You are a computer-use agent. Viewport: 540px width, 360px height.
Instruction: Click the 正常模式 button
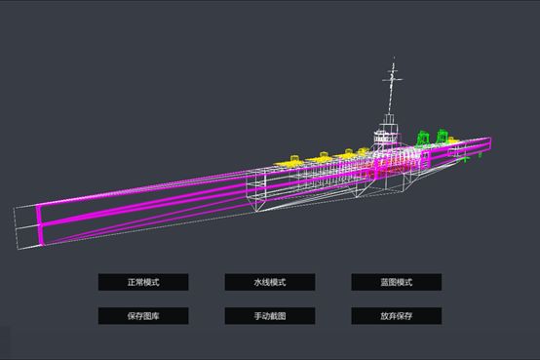coord(143,282)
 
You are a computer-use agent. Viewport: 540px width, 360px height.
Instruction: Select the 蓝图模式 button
coord(397,282)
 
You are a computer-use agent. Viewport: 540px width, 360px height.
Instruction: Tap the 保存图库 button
coord(143,316)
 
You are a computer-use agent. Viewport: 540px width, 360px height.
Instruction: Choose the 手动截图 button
coord(270,316)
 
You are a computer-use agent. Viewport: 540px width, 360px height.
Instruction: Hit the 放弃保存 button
coord(397,316)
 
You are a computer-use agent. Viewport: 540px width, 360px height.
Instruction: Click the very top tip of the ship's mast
coord(394,58)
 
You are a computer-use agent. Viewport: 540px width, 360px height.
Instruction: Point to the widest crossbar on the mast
coord(392,80)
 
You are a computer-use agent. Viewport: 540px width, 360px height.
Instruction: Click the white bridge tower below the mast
coord(386,133)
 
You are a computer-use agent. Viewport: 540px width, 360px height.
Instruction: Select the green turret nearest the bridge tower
coord(422,138)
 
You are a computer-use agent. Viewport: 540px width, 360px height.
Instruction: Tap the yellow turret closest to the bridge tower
coord(362,152)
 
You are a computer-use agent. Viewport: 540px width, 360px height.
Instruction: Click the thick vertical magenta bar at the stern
coord(39,224)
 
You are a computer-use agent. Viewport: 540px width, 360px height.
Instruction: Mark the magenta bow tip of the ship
coord(490,142)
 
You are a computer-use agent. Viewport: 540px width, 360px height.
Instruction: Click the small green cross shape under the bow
coord(464,159)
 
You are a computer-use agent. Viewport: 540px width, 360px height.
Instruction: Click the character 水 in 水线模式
coord(258,282)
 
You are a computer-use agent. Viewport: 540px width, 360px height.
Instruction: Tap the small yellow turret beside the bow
coord(450,140)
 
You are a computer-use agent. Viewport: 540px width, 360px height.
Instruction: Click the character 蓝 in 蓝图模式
coord(384,282)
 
